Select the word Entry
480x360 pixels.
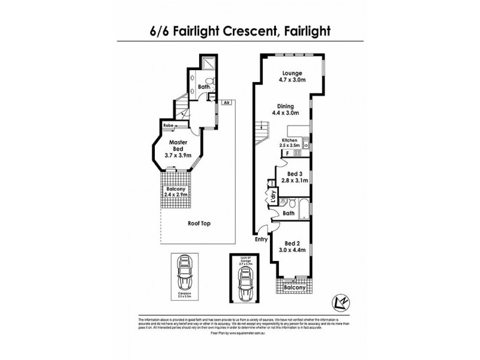click(261, 239)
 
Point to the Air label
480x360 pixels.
click(226, 103)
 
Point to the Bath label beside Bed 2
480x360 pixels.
click(288, 213)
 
